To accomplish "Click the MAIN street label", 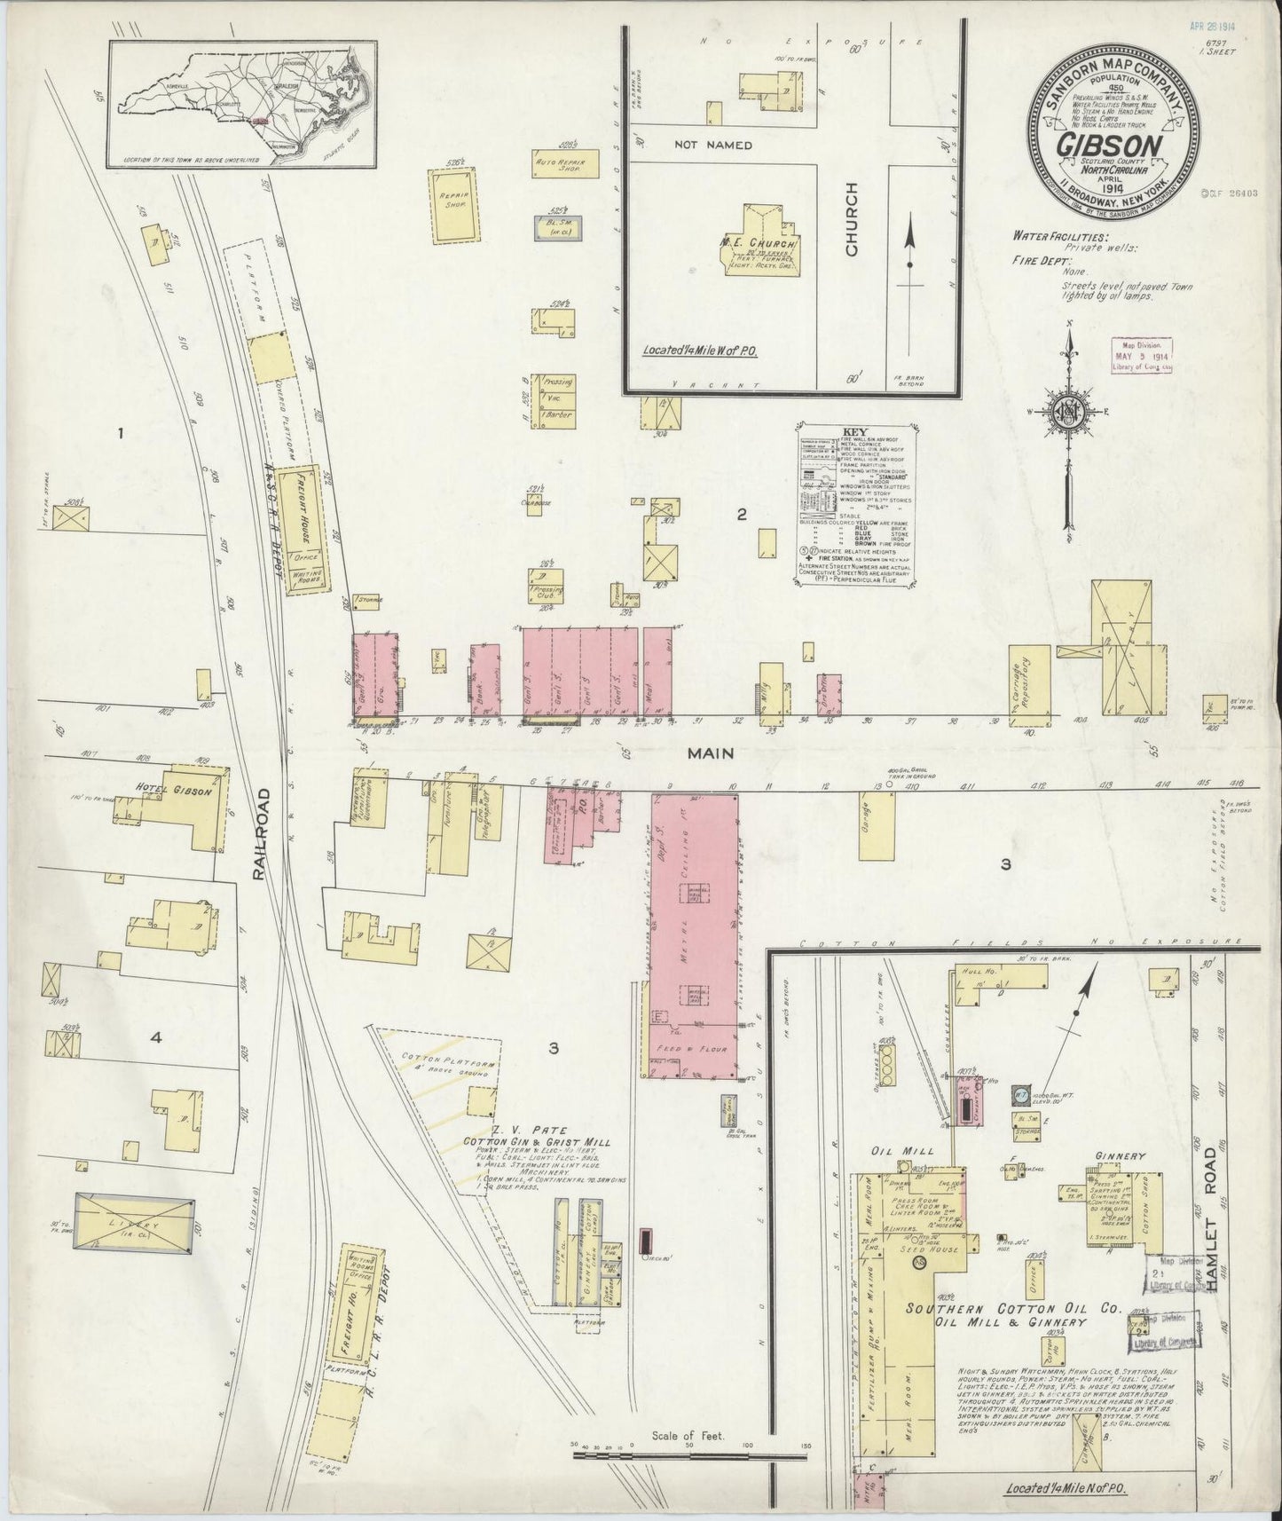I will [x=709, y=753].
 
